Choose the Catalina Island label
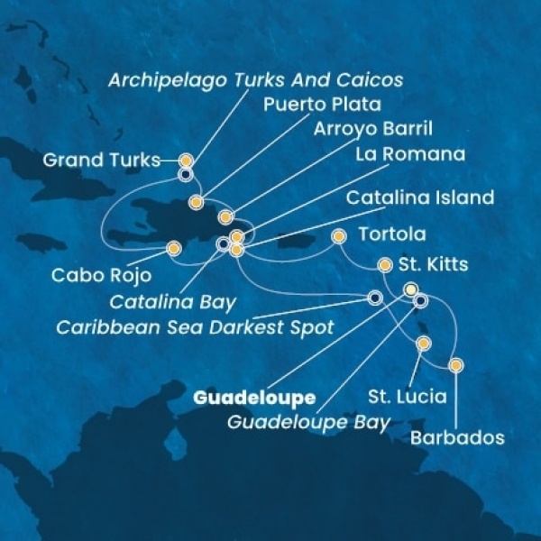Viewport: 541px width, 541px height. [x=423, y=197]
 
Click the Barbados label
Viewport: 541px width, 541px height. [x=454, y=439]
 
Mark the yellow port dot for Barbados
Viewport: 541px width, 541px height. [x=456, y=365]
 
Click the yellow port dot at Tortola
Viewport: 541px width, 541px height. [x=338, y=237]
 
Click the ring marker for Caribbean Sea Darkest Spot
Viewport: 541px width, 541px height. [x=375, y=299]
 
